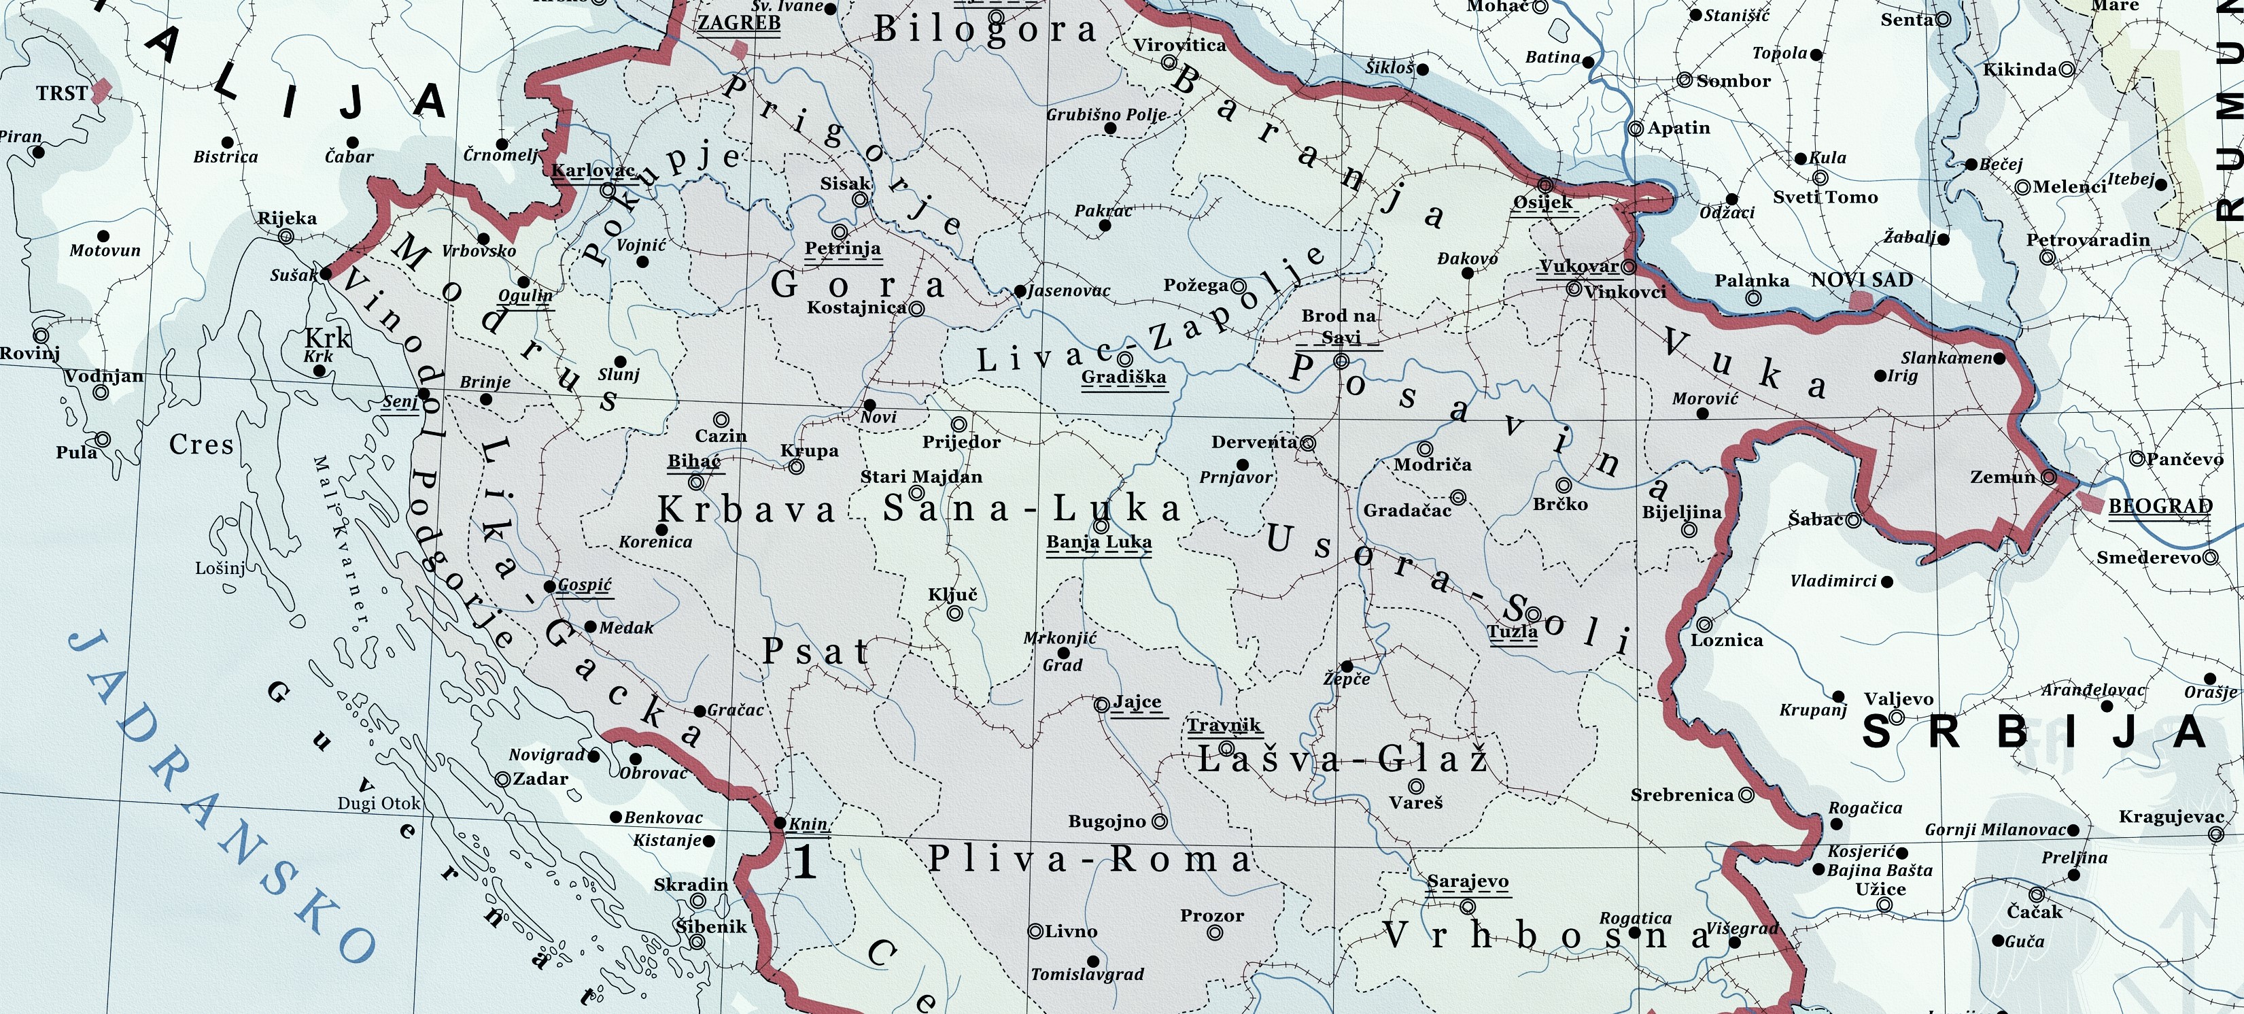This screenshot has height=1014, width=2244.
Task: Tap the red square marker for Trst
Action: [102, 89]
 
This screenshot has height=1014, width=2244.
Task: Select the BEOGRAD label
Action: [2160, 506]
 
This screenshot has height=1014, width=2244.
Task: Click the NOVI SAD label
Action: [1861, 280]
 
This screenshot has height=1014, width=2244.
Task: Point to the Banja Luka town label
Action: [1099, 542]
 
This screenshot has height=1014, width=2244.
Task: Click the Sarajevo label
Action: [1467, 881]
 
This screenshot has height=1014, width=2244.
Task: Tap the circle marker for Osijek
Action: [1545, 185]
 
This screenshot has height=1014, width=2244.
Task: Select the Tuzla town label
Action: [1513, 632]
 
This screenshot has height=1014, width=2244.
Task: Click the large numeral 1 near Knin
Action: [805, 862]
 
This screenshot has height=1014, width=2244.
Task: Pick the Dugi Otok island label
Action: [379, 803]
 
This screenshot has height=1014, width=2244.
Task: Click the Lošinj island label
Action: [220, 568]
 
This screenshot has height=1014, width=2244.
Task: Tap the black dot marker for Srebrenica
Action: [1746, 794]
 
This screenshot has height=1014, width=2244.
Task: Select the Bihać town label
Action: [694, 461]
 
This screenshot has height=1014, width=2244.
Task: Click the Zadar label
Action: [540, 779]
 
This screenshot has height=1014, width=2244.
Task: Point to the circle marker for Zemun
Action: [2049, 477]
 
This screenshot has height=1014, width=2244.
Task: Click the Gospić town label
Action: [585, 585]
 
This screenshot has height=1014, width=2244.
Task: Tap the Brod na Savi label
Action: [1339, 326]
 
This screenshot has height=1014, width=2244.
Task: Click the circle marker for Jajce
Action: [1102, 704]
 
